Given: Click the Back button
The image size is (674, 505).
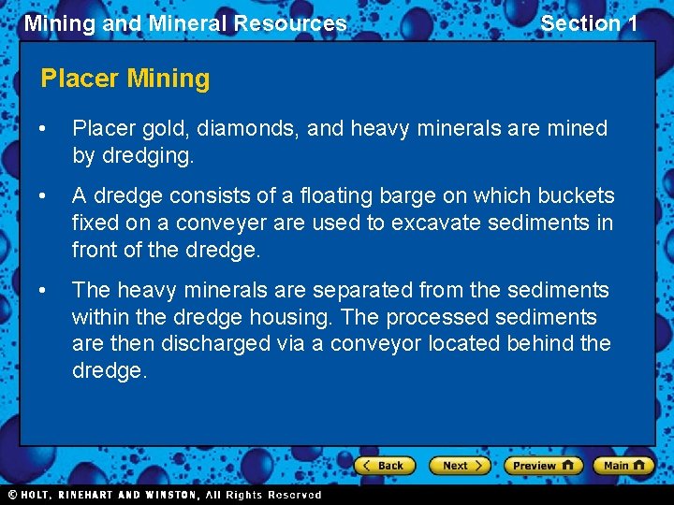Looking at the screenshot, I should [x=383, y=466].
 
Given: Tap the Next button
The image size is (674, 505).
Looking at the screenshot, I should [x=460, y=466].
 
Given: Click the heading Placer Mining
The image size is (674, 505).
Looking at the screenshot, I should [x=125, y=79].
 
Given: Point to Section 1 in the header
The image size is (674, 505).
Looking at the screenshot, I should [x=589, y=23].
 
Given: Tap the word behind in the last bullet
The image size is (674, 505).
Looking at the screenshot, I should [x=539, y=344].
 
